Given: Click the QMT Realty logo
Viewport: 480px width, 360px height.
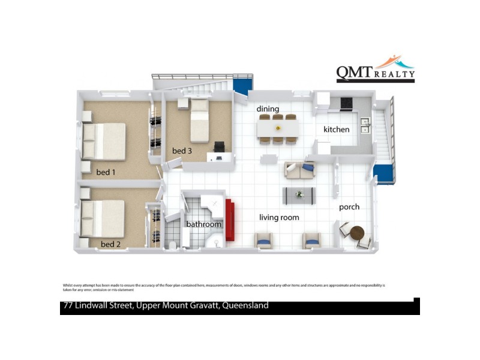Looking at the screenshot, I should (x=375, y=68).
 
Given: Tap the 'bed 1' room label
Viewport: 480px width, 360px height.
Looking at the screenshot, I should (x=106, y=173).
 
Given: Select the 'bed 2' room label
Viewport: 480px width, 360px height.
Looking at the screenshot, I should (x=110, y=244).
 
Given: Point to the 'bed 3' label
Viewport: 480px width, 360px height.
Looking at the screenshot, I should (x=181, y=151).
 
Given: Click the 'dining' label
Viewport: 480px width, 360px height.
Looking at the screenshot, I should (x=268, y=109).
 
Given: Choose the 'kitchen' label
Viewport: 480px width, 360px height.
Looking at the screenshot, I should (x=336, y=130).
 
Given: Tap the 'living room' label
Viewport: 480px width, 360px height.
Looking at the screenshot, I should (x=279, y=217).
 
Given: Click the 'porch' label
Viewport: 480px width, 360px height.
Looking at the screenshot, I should (x=349, y=207).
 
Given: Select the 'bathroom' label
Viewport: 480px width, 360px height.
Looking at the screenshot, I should (x=203, y=224).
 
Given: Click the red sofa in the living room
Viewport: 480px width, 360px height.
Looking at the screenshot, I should (x=229, y=220).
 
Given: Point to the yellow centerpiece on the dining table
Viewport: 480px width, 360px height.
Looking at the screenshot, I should (x=278, y=128).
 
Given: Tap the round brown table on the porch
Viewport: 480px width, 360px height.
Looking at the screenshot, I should (x=358, y=232).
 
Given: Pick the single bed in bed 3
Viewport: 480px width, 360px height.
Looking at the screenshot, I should (x=199, y=121).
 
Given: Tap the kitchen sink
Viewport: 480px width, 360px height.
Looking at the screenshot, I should (x=364, y=124).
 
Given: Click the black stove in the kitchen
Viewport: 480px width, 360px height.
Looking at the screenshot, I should (x=347, y=104).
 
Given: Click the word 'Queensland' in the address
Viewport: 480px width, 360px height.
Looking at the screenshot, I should (x=245, y=306).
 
